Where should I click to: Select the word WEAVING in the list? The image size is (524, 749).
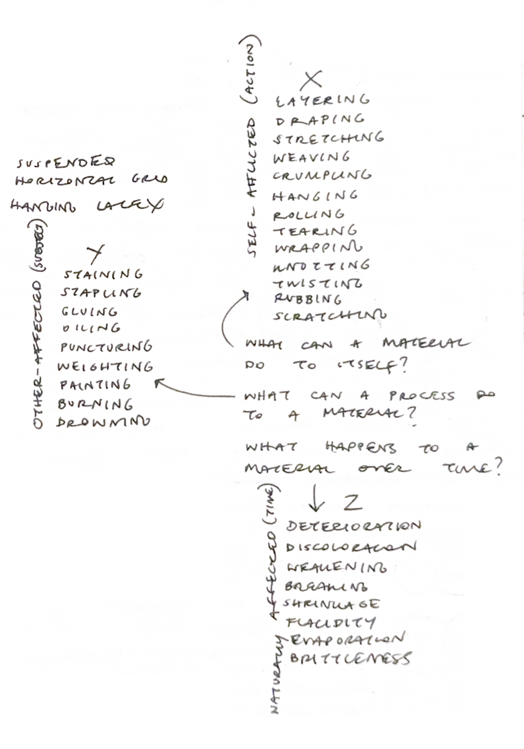312,158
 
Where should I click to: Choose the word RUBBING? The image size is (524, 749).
308,299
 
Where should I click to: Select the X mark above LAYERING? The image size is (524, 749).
311,80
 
